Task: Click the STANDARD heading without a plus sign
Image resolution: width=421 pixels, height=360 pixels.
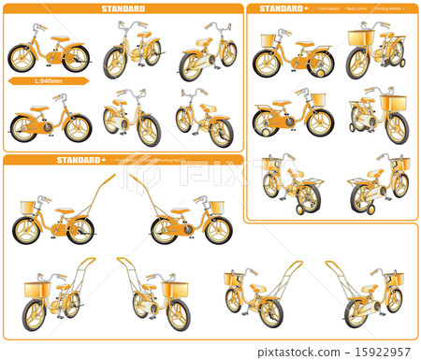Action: point(123,8)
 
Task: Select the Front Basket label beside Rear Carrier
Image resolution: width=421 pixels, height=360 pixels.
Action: point(328,8)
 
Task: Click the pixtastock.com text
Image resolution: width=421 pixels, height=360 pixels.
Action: point(316,352)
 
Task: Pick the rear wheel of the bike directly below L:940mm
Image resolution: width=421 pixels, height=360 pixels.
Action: point(24,128)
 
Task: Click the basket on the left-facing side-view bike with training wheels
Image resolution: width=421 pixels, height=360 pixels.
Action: point(269,40)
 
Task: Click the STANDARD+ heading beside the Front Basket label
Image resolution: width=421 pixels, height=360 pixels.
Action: point(282,8)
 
